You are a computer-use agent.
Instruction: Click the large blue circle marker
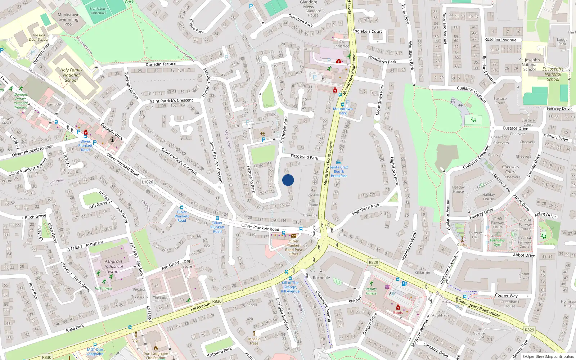click(288, 180)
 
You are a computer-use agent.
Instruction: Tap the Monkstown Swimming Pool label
click(68, 19)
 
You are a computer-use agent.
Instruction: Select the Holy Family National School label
click(71, 75)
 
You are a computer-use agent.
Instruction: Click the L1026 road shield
click(147, 182)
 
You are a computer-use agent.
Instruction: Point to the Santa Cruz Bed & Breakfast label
click(339, 171)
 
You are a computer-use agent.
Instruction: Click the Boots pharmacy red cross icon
click(398, 307)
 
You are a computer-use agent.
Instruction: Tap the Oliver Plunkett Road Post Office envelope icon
click(294, 236)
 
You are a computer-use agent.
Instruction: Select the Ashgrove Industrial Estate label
click(113, 266)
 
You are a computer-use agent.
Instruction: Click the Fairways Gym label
click(497, 242)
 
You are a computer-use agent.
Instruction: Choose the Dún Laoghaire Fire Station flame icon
click(156, 348)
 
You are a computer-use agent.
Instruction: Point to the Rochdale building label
click(321, 278)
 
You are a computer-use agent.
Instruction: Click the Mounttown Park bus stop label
click(343, 111)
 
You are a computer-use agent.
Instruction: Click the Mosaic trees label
click(254, 341)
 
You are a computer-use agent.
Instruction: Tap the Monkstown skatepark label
click(98, 10)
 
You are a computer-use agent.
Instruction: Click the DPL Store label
click(187, 264)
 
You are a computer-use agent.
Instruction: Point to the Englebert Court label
click(367, 31)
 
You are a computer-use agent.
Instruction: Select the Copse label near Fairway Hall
click(462, 244)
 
